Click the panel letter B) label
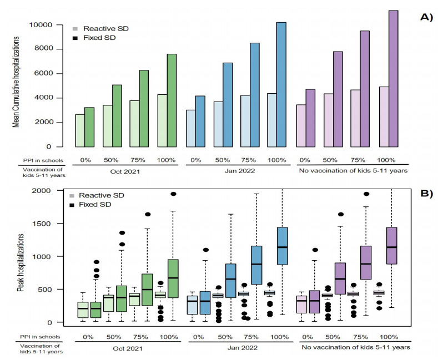426,195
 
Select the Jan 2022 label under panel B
236,348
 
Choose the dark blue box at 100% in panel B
281,246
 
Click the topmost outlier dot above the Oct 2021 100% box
173,194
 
